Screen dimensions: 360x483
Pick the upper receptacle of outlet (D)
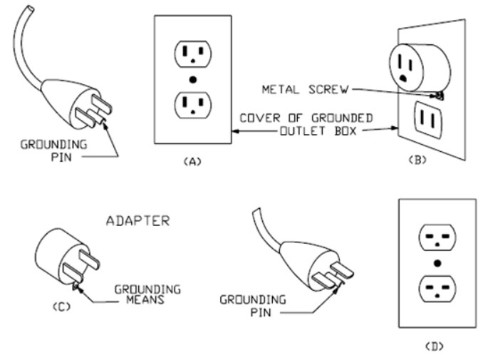pyautogui.click(x=437, y=237)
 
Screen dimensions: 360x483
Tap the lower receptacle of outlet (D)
pyautogui.click(x=437, y=289)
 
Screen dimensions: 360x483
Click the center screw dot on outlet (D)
pyautogui.click(x=437, y=263)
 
